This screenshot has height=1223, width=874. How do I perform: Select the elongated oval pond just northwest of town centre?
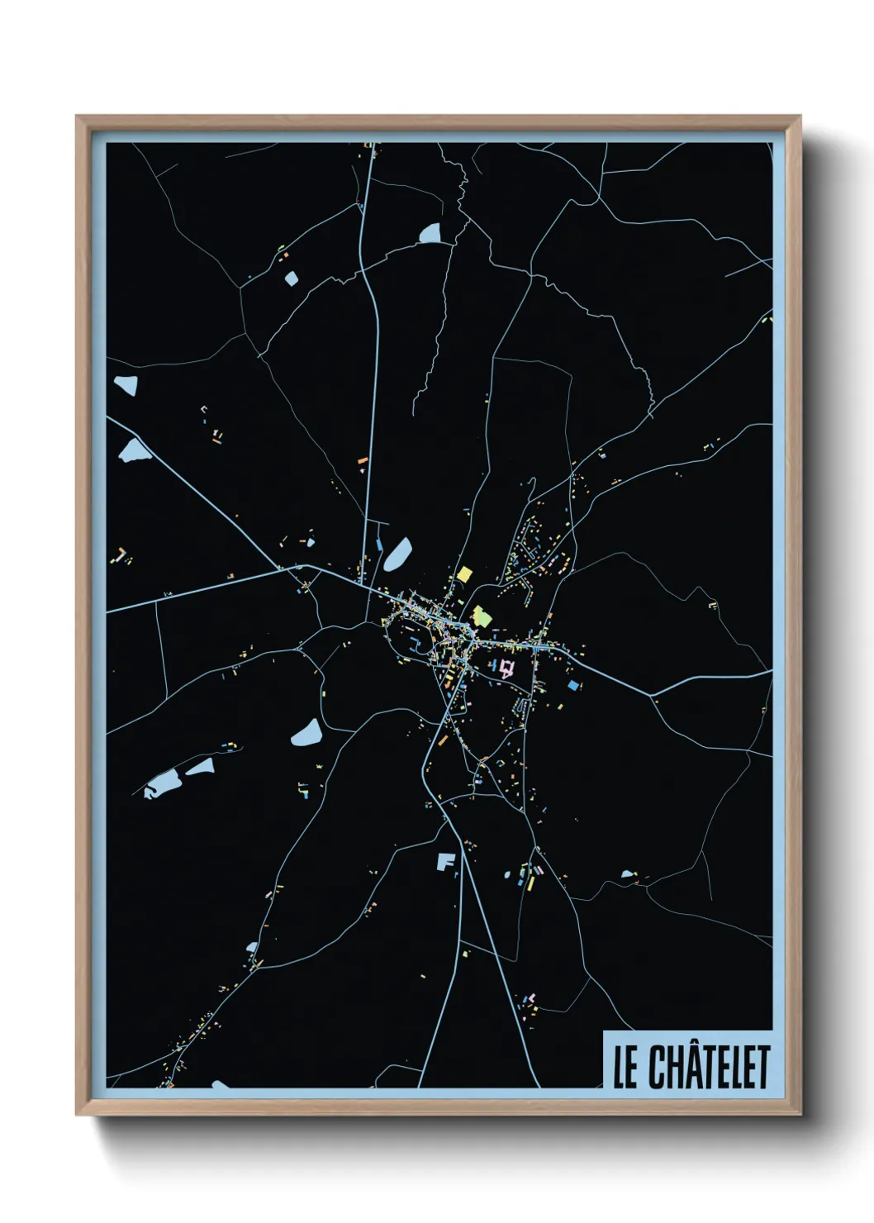pos(397,554)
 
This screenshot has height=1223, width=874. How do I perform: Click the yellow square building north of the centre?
pos(464,574)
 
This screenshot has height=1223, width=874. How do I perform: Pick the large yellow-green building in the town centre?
pos(481,616)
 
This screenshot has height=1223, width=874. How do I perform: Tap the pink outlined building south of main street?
pos(506,668)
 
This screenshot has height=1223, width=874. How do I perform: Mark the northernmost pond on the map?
pos(430,234)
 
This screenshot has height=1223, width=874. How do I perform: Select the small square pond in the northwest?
pos(291,278)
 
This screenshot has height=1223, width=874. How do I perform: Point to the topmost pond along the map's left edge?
pos(126,384)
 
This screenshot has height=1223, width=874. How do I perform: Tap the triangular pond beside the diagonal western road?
pos(133,451)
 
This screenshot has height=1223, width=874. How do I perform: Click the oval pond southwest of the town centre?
pos(306,732)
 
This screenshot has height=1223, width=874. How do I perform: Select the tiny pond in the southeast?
pos(627,873)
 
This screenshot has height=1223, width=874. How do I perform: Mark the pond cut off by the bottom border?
pos(220,1084)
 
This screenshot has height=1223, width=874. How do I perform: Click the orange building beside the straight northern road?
pos(362,459)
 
